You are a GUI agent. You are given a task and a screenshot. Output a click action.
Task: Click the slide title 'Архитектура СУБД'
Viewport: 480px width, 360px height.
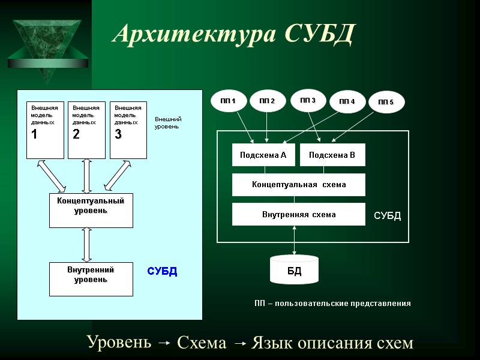234,34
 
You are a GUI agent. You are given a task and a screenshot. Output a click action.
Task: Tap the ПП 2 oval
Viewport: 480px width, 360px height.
267,101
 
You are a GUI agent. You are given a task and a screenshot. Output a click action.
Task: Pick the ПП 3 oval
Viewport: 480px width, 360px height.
308,100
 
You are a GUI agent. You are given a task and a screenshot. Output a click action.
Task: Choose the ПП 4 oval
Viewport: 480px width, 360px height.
347,101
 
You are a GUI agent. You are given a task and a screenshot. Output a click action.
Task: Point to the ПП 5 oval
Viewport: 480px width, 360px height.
386,103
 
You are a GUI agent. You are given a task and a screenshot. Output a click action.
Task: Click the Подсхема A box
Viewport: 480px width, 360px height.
263,155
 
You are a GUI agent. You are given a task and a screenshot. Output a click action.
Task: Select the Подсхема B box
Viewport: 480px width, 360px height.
332,155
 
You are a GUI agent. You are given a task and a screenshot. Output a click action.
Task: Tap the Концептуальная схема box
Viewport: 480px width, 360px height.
298,185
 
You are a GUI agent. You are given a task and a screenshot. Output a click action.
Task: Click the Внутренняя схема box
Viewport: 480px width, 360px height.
298,214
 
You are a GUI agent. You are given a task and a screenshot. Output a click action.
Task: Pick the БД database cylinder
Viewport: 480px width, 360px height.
294,269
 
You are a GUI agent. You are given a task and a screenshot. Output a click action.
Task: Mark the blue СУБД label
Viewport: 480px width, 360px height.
162,271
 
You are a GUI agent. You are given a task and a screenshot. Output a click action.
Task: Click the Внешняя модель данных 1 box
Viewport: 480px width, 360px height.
45,130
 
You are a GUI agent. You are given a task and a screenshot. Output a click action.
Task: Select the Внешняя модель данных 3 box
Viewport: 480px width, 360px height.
128,130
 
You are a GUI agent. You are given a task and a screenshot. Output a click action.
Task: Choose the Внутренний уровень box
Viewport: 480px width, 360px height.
91,279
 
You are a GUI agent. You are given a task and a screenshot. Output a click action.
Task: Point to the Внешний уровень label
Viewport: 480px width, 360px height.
168,123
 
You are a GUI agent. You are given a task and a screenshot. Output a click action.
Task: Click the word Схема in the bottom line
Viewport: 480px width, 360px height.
202,343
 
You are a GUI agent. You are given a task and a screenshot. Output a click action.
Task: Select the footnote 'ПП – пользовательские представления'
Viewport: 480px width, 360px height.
332,304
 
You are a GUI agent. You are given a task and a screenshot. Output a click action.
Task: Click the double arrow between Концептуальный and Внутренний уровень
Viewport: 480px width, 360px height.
87,245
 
